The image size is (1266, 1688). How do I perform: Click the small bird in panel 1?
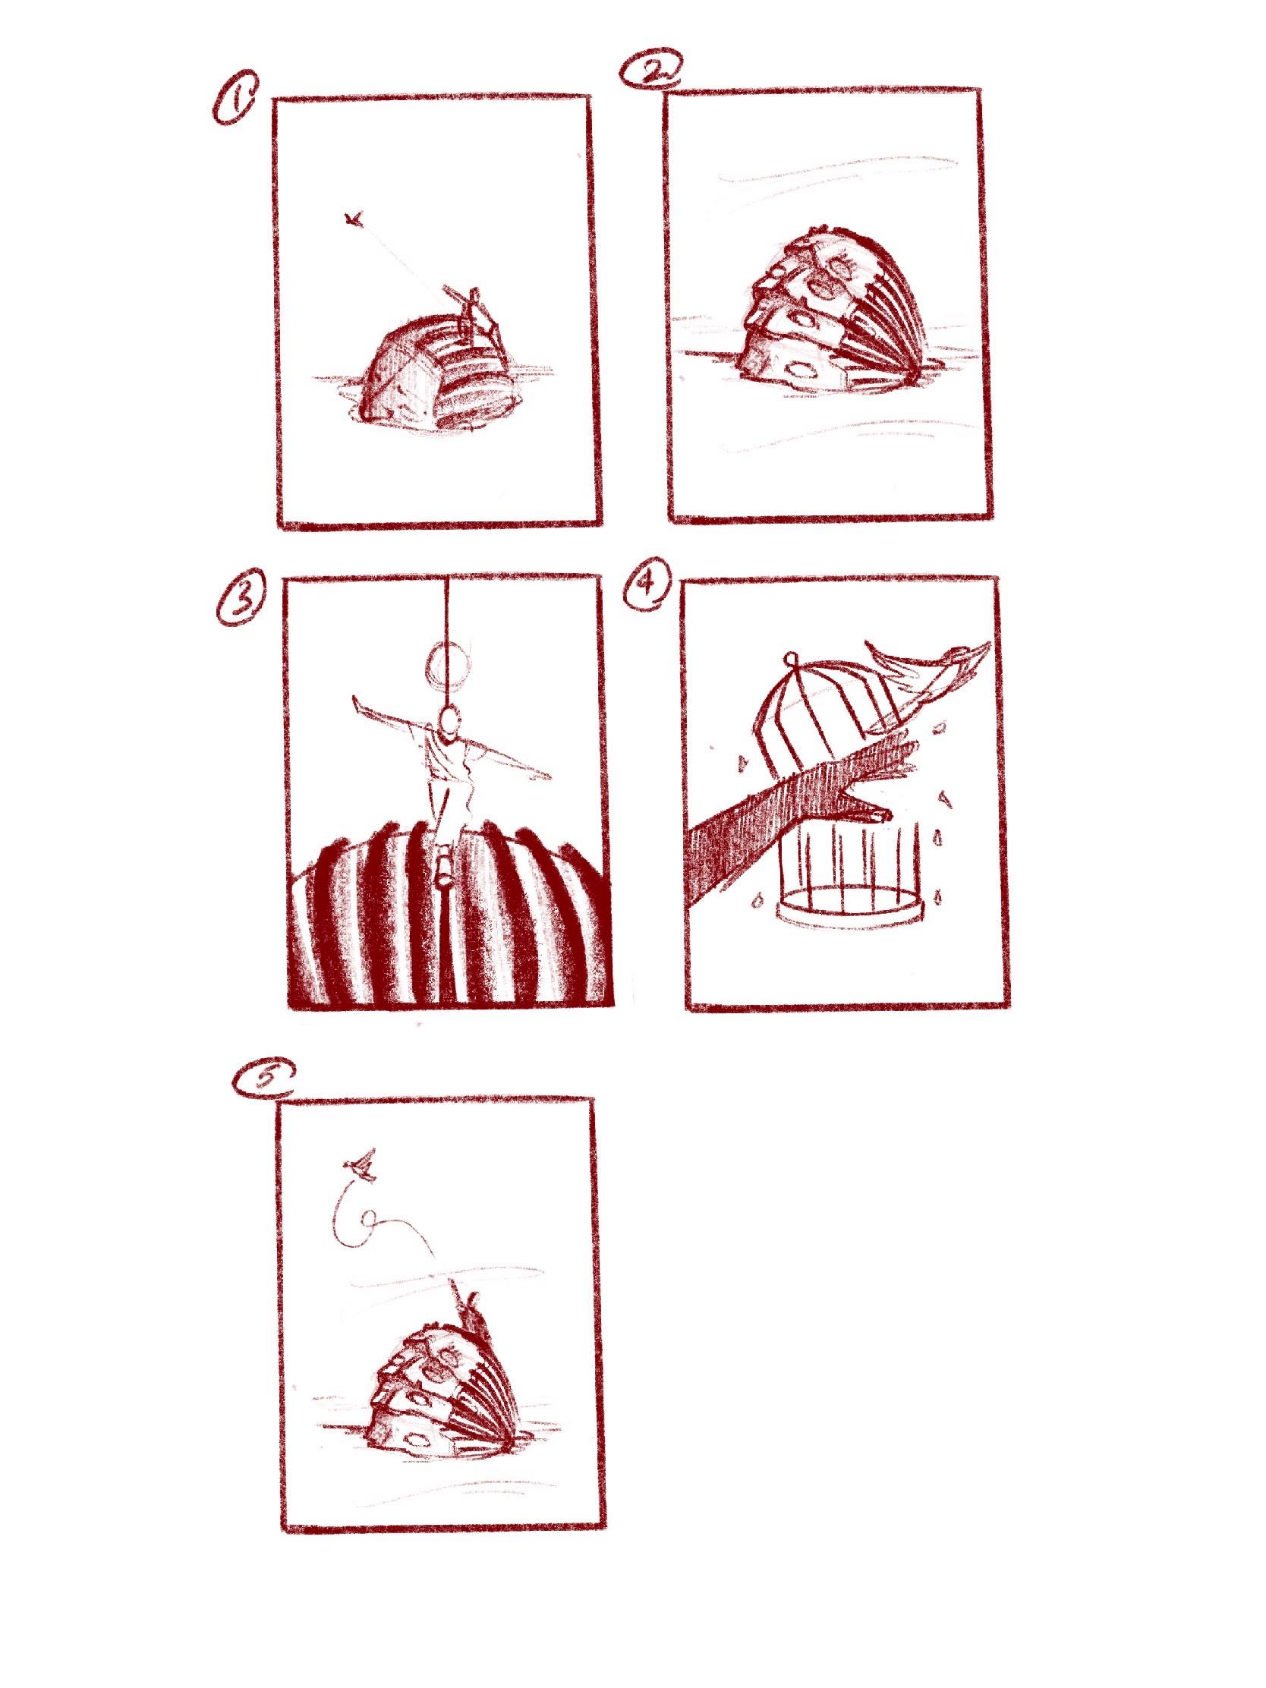[x=352, y=221]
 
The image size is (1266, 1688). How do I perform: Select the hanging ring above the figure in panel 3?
[x=444, y=662]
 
